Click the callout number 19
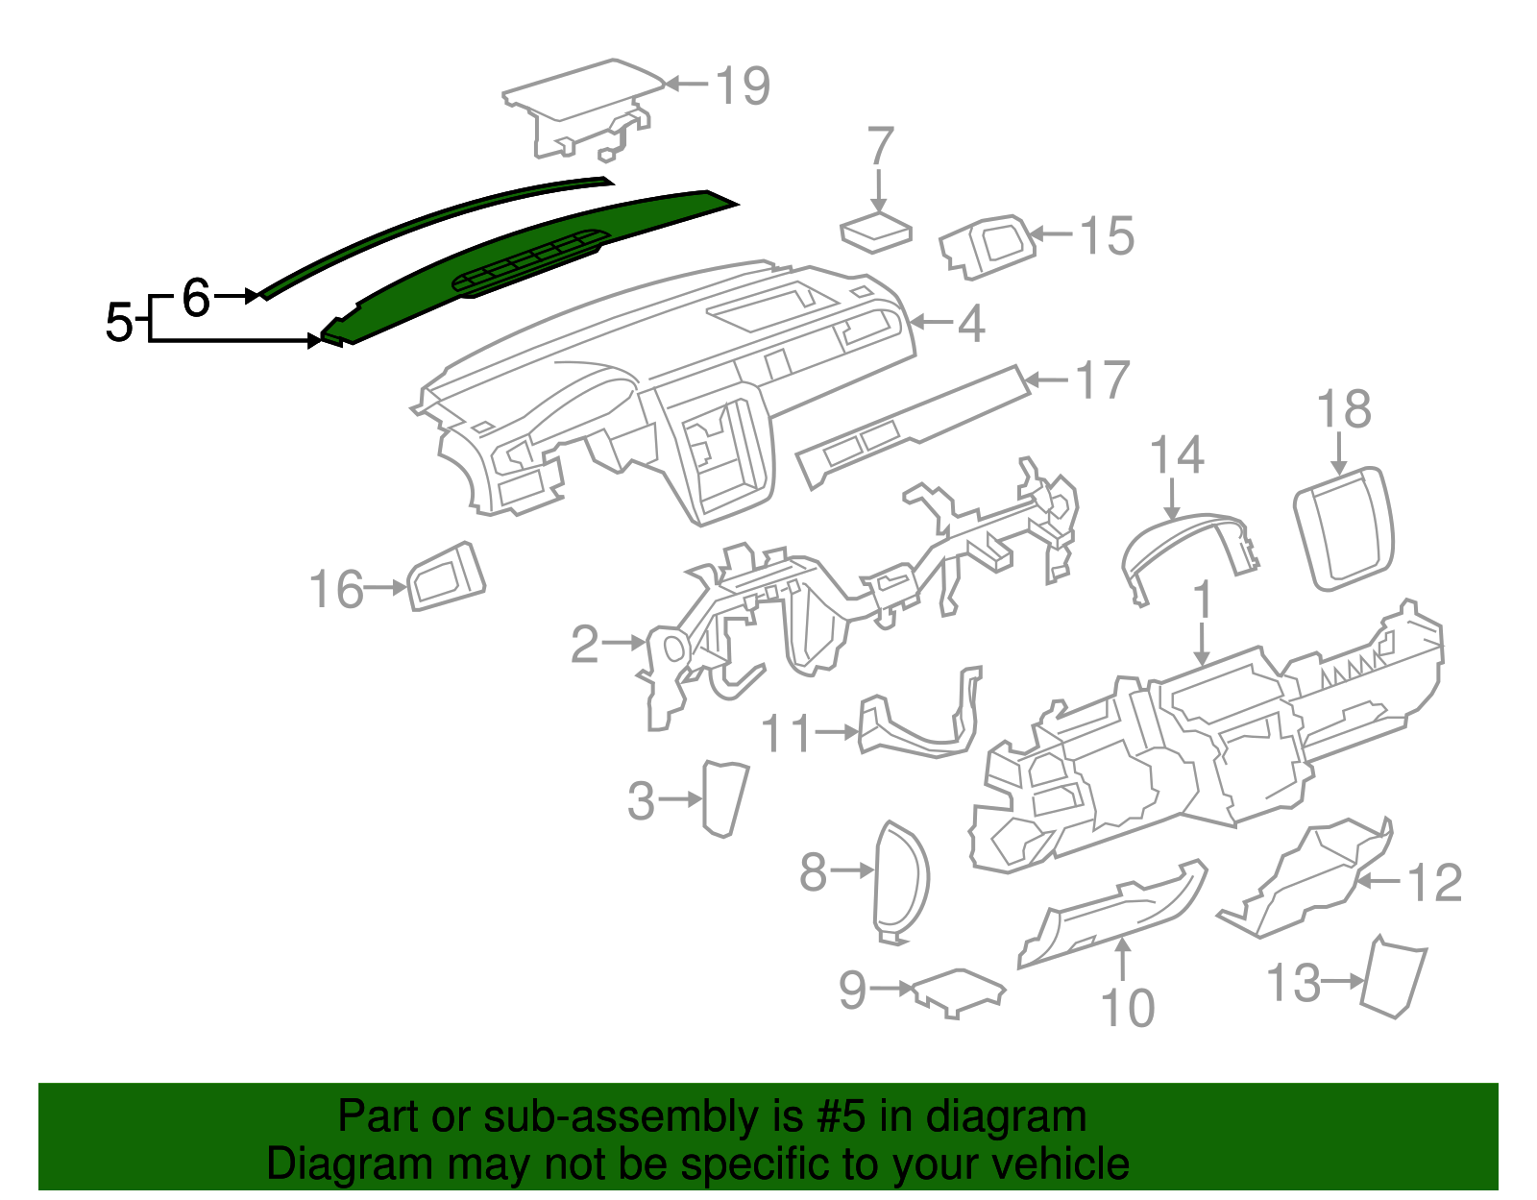[x=743, y=86]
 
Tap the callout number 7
[x=880, y=147]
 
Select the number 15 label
[x=1106, y=236]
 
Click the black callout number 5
[x=118, y=322]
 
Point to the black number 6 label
[x=195, y=298]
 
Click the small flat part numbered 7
[x=875, y=233]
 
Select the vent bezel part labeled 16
[x=447, y=576]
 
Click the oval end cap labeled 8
[x=901, y=879]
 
